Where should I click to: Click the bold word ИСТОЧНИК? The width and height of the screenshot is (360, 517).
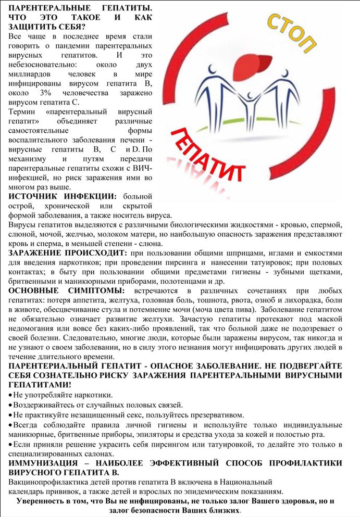[x=32, y=196]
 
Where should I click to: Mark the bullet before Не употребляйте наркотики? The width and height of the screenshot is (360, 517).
[x=11, y=395]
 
